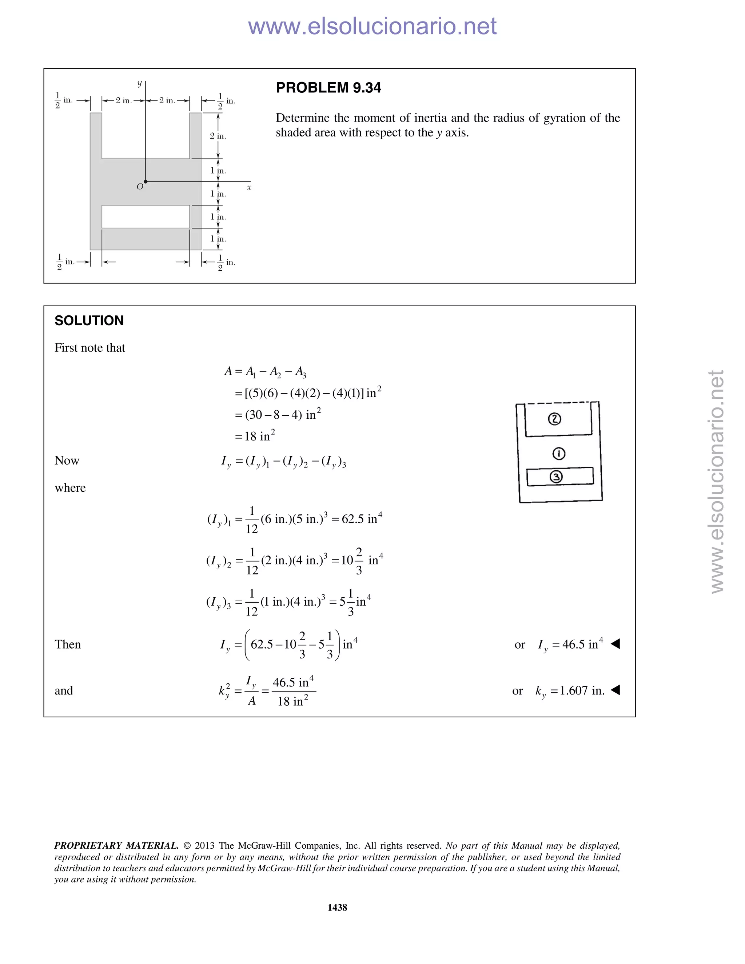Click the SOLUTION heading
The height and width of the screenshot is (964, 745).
pyautogui.click(x=89, y=320)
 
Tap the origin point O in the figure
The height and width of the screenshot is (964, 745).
pyautogui.click(x=146, y=182)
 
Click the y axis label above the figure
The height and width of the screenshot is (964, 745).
pyautogui.click(x=139, y=83)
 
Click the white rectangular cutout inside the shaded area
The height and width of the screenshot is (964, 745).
pyautogui.click(x=146, y=216)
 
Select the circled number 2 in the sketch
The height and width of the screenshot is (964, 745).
pyautogui.click(x=554, y=419)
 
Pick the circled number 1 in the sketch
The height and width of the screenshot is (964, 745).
pyautogui.click(x=559, y=453)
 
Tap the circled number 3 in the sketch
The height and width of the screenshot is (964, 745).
pyautogui.click(x=557, y=477)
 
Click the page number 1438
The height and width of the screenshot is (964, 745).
pyautogui.click(x=337, y=907)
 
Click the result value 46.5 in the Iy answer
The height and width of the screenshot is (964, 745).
pyautogui.click(x=573, y=645)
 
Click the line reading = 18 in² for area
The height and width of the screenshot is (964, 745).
pyautogui.click(x=255, y=436)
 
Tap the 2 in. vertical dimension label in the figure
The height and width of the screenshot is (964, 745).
pyautogui.click(x=218, y=136)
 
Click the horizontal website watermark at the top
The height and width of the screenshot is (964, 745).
pyautogui.click(x=372, y=26)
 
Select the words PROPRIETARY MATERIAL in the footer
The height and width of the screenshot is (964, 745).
pyautogui.click(x=116, y=845)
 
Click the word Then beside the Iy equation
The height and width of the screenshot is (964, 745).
pyautogui.click(x=68, y=645)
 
